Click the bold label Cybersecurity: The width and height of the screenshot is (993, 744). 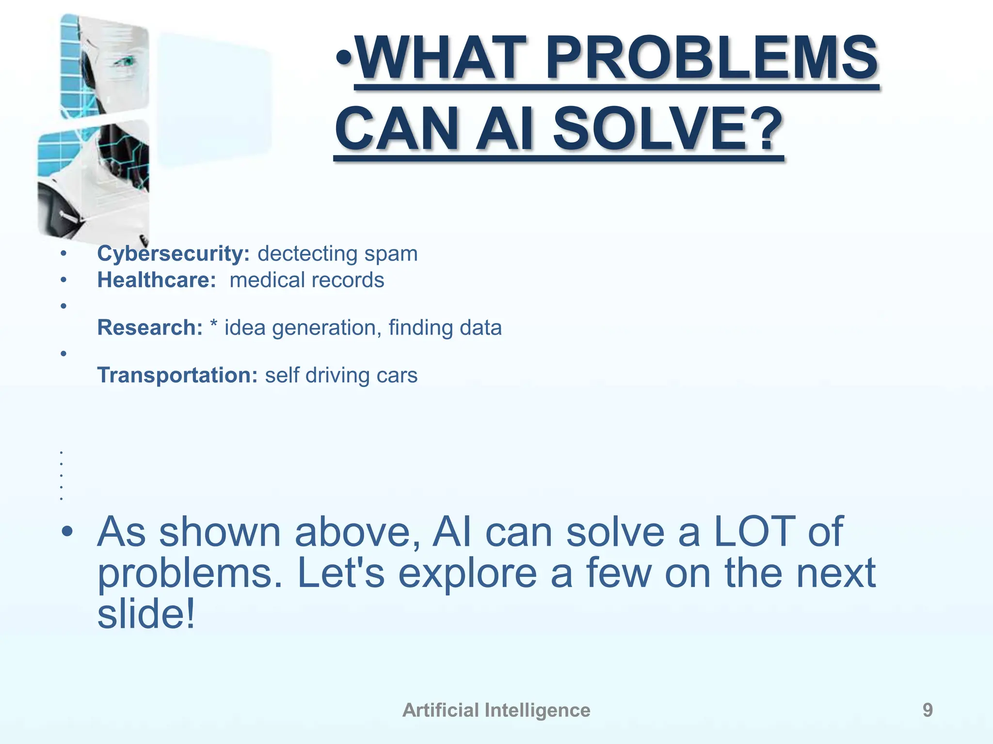[173, 254]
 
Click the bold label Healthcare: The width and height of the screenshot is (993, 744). [156, 280]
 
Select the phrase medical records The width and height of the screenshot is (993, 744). [306, 280]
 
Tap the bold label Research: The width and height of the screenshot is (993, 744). [150, 328]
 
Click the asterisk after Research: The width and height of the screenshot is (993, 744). [213, 325]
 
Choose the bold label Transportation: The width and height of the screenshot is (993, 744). [177, 375]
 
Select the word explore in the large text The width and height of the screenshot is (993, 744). [467, 573]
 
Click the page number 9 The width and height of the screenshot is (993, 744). [927, 710]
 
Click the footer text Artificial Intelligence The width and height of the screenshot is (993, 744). [496, 710]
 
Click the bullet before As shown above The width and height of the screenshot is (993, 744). [67, 532]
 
